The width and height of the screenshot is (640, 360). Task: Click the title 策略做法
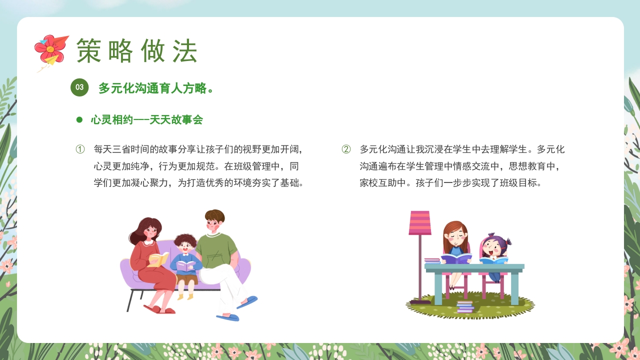pos(136,50)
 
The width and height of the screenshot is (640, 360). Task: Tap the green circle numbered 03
pos(79,87)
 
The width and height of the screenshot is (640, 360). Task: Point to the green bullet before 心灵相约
pos(79,120)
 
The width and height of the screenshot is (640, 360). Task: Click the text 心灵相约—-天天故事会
pos(147,120)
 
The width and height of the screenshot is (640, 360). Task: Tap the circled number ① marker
pos(80,149)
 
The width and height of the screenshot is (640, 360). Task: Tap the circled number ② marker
pos(346,149)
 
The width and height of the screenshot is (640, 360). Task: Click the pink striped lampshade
pos(420,222)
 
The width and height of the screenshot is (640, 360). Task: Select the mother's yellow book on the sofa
pos(158,259)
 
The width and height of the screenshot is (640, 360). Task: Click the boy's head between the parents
pos(185,244)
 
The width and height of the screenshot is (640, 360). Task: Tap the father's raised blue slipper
pos(247,302)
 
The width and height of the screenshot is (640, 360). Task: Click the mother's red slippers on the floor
pos(159,309)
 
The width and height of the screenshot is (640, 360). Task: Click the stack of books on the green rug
pos(465,306)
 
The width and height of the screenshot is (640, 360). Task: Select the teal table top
pos(474,267)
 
